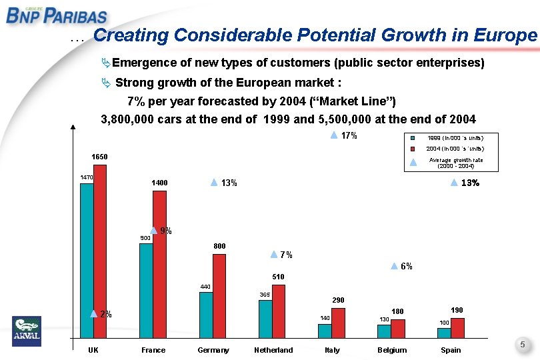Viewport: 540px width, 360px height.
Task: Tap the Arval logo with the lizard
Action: click(27, 331)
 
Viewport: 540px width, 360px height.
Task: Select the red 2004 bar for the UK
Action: click(100, 251)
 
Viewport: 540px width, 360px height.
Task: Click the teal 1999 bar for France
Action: click(146, 291)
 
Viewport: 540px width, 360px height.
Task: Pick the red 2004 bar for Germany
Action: click(219, 296)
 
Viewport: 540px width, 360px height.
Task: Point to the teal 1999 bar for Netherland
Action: click(265, 319)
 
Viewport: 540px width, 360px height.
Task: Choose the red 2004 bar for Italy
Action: click(338, 323)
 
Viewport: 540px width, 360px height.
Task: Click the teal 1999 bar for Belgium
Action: click(384, 331)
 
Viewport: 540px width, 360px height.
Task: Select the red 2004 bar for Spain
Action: click(457, 329)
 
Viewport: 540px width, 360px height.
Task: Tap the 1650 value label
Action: click(99, 157)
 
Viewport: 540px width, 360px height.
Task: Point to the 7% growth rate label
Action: click(286, 255)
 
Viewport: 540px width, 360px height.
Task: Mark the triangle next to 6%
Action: click(394, 266)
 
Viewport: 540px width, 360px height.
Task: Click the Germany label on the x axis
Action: click(213, 350)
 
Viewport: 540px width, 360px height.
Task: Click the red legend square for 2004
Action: click(413, 148)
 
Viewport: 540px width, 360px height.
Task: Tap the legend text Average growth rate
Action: click(456, 160)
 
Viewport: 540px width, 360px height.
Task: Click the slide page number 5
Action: click(523, 345)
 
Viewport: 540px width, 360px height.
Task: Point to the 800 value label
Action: click(219, 246)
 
